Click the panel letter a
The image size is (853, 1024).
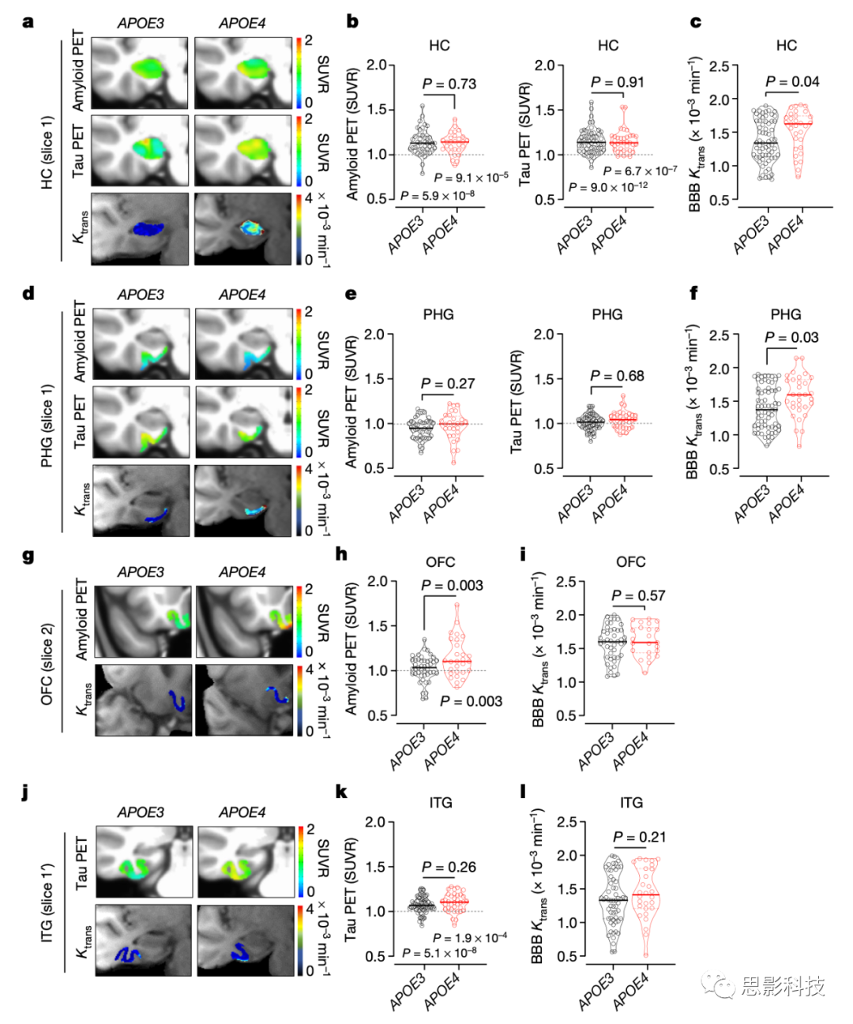click(x=28, y=22)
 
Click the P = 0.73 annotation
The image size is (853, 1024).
click(x=449, y=84)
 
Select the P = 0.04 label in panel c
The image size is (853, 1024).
click(x=792, y=81)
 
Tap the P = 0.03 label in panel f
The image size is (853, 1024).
click(x=791, y=338)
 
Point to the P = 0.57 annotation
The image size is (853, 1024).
click(x=638, y=595)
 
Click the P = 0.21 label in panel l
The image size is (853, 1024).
click(x=639, y=837)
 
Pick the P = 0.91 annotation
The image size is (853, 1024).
click(x=617, y=82)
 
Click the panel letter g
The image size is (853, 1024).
click(x=28, y=557)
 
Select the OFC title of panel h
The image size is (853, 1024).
click(x=440, y=562)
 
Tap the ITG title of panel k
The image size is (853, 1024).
click(x=440, y=803)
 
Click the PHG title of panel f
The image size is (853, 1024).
click(x=785, y=314)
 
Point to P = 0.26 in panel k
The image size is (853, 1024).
click(x=449, y=867)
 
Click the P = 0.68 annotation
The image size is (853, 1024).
click(x=617, y=376)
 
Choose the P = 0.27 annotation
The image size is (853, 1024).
click(x=448, y=384)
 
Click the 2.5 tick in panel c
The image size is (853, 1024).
click(x=719, y=66)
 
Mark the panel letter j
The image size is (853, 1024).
click(x=26, y=792)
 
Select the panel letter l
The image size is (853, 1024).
click(x=523, y=791)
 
